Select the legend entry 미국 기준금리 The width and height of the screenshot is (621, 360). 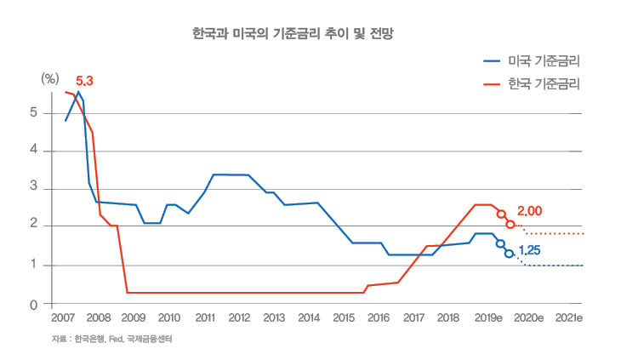pos(548,61)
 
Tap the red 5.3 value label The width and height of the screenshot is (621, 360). pos(84,81)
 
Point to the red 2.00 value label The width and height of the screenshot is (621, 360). pos(529,210)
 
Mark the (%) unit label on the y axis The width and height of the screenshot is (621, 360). pos(50,77)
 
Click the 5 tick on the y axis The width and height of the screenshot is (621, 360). pos(33,112)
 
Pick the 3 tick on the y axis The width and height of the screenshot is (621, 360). pos(33,188)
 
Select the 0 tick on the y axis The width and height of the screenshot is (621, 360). pos(33,304)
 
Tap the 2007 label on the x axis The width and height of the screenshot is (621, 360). pos(63,317)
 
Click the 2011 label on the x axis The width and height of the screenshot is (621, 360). pos(204,317)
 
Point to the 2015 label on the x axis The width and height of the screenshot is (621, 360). pos(344,317)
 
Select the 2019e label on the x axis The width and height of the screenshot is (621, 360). pos(487,317)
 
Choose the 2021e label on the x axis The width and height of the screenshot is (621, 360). pos(567,317)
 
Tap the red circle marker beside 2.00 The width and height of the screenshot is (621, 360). pos(510,224)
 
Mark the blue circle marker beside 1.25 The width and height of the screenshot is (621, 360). pos(509,254)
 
